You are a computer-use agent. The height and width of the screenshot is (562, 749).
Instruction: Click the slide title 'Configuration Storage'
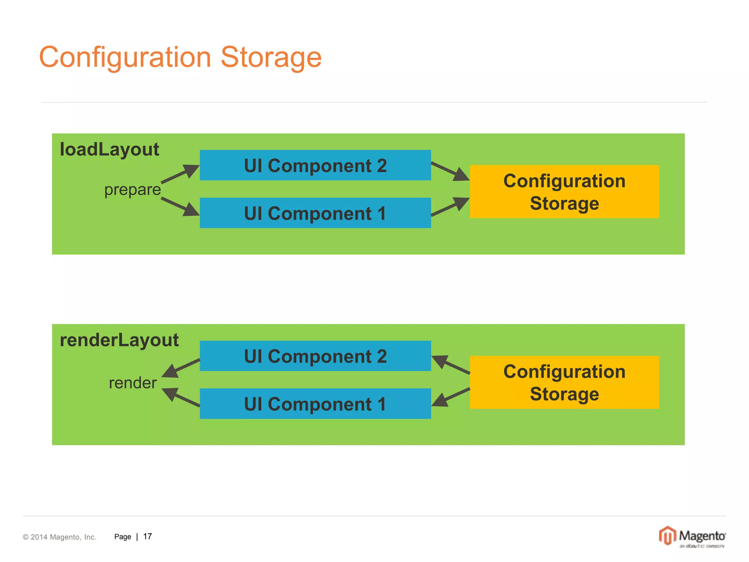pos(180,57)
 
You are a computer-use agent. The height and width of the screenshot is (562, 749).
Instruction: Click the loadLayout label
pos(109,150)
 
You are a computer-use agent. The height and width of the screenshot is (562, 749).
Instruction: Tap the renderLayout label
pos(119,340)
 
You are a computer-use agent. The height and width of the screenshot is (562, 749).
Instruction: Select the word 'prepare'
pos(132,190)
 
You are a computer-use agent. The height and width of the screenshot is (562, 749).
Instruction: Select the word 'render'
pos(133,383)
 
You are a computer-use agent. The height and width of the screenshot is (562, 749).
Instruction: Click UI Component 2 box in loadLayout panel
pos(315,165)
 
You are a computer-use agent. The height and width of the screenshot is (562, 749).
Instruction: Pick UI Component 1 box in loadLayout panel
pos(315,213)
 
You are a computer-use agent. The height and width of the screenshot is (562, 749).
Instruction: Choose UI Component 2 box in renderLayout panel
pos(315,356)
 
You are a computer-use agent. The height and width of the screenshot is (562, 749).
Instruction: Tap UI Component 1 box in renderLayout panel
pos(315,404)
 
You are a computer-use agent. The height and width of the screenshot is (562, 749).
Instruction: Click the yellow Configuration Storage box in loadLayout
pos(564,192)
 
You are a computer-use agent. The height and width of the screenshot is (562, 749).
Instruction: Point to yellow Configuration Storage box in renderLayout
pos(564,382)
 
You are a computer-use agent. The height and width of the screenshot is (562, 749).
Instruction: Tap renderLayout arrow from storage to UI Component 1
pos(451,397)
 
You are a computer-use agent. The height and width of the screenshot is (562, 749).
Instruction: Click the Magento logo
pos(692,537)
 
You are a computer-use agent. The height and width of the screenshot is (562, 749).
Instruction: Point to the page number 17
pos(147,536)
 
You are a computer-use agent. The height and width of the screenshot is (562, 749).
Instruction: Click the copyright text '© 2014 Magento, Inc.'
pos(60,537)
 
